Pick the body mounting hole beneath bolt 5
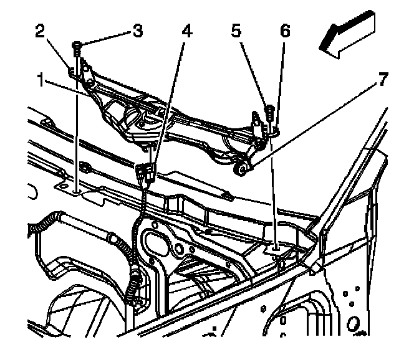click(272, 249)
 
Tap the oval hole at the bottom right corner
click(353, 323)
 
